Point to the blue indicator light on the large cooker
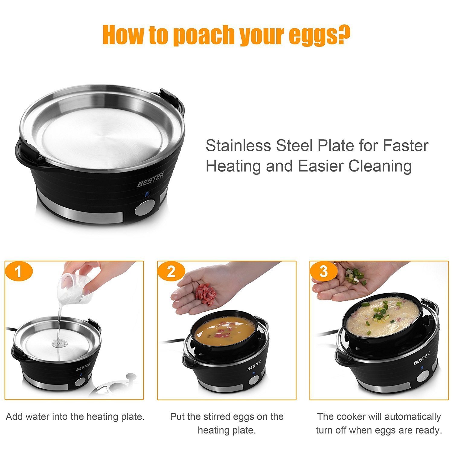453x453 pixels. [147, 194]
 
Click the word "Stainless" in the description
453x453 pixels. [238, 146]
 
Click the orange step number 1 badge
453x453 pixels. [19, 271]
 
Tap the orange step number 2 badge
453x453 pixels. [171, 271]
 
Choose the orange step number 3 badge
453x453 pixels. [323, 271]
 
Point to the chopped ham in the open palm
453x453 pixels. [205, 293]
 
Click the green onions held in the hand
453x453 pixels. [355, 276]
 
